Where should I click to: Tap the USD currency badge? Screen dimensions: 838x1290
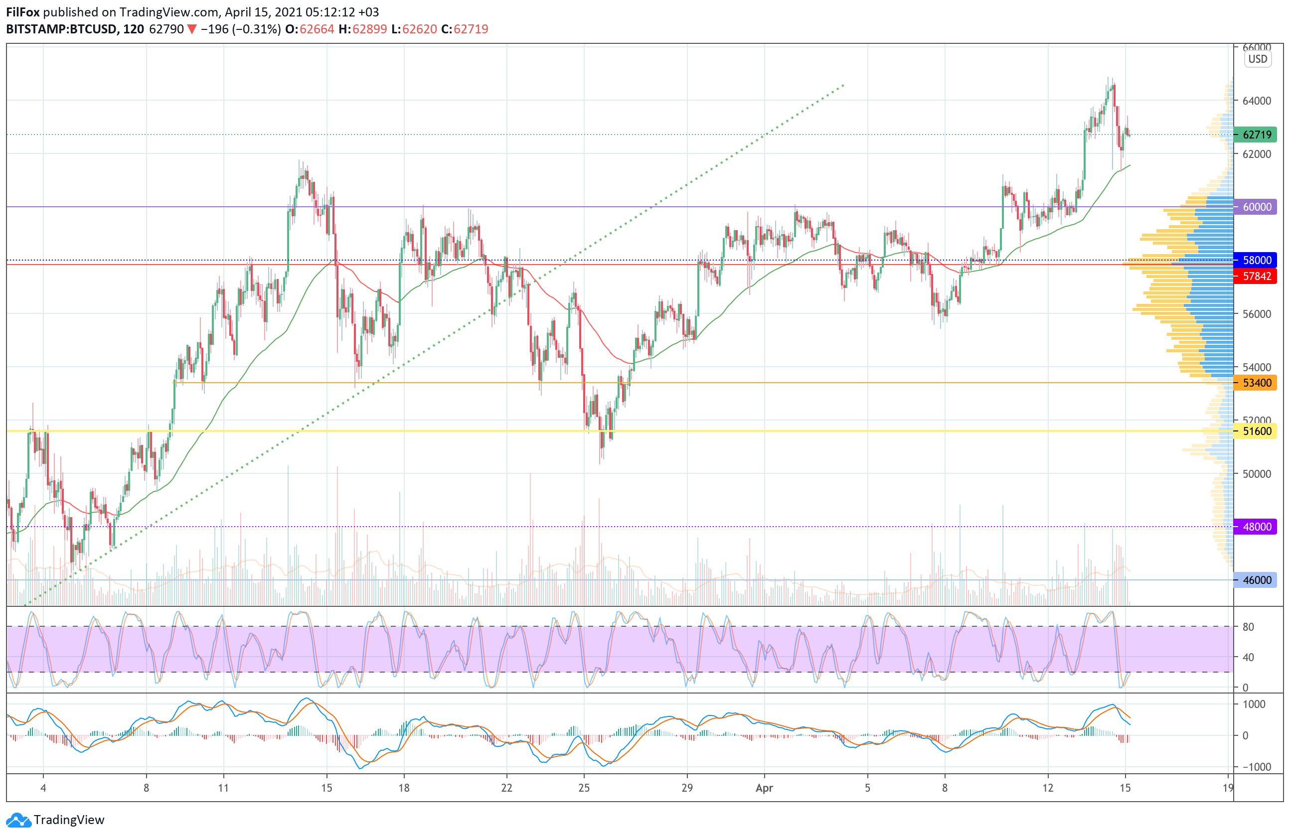point(1258,59)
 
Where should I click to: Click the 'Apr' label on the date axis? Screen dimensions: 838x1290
point(764,788)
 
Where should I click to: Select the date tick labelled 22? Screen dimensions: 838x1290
point(506,788)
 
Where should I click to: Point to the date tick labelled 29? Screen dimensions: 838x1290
point(687,788)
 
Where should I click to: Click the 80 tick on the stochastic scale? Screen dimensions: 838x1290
point(1248,627)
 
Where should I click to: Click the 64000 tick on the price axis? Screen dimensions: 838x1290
point(1257,101)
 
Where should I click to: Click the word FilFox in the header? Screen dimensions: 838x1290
point(23,12)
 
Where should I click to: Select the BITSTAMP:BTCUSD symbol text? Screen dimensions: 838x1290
point(61,29)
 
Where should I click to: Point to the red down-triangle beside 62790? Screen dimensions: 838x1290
point(192,29)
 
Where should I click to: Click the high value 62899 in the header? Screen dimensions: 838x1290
point(369,29)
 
